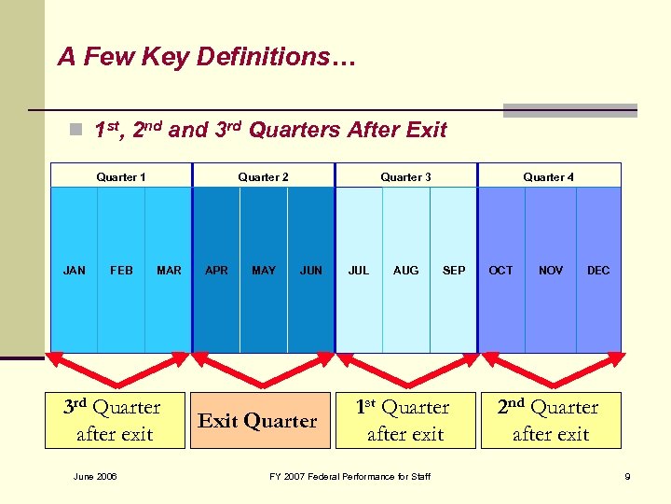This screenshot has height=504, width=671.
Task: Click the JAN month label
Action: (x=74, y=271)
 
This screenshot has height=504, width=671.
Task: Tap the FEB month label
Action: (x=121, y=271)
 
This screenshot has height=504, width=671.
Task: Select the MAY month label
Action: (x=264, y=271)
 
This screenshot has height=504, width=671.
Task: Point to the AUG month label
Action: (x=406, y=271)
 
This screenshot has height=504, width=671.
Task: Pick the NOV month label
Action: (x=551, y=271)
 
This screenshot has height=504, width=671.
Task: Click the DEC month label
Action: (x=598, y=271)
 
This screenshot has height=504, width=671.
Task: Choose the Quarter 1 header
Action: (x=121, y=177)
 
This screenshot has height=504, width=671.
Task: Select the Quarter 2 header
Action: (x=264, y=177)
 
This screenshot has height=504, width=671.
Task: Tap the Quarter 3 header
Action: (x=406, y=177)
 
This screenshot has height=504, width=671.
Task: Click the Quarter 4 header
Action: (x=549, y=177)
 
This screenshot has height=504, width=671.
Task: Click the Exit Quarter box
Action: (x=258, y=421)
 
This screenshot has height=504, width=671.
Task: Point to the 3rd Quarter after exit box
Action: (x=114, y=420)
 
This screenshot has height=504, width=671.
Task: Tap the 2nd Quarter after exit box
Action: (x=551, y=420)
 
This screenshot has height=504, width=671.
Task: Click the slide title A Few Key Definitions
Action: (x=206, y=58)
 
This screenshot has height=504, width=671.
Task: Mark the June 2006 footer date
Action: (x=95, y=477)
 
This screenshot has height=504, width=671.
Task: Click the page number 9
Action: (x=627, y=477)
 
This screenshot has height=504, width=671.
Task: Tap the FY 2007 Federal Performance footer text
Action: (x=349, y=477)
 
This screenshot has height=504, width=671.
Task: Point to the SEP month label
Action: (x=454, y=271)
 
